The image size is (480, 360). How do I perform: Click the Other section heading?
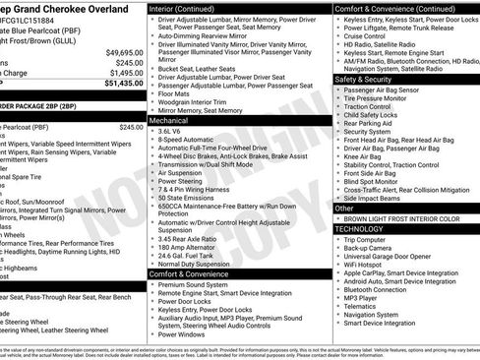point(345,209)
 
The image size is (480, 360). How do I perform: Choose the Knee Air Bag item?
point(363,154)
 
